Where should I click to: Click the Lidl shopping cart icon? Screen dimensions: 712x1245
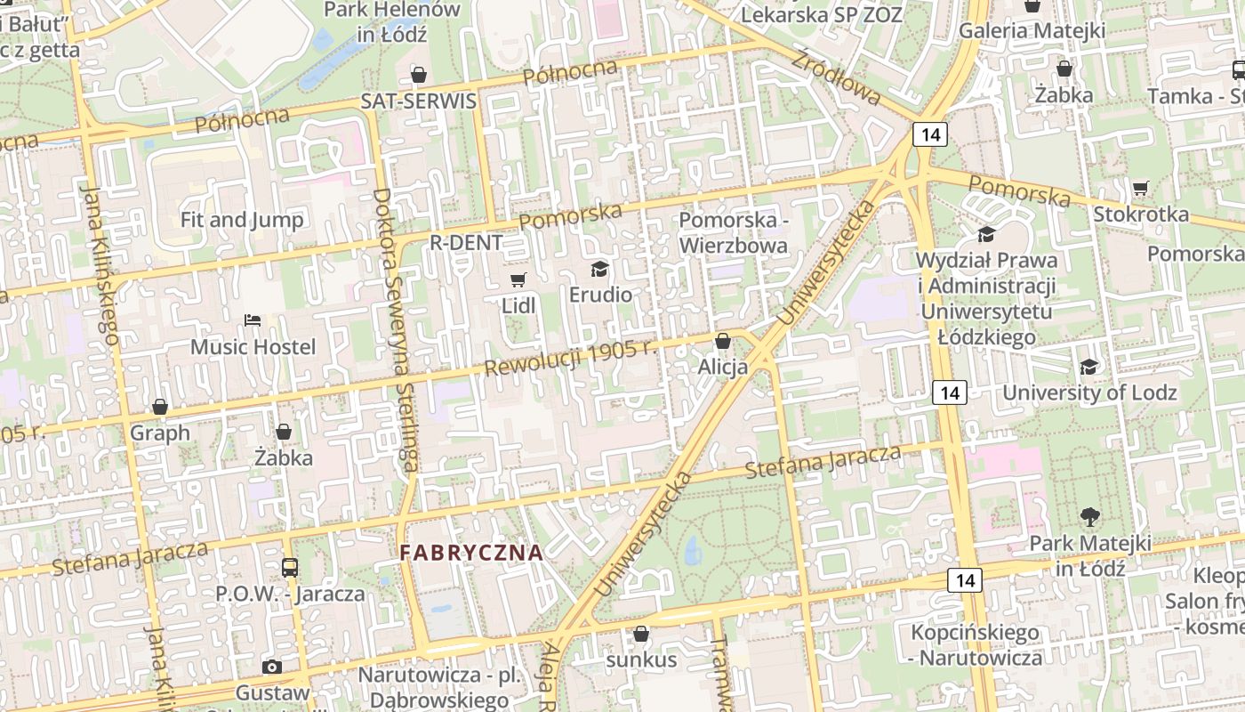tap(518, 280)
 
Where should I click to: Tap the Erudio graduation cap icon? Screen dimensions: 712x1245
tap(600, 269)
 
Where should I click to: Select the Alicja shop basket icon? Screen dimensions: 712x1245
tap(723, 341)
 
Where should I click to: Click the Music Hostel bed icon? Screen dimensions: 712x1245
tap(253, 320)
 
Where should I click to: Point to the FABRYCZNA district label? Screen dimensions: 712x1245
tap(471, 553)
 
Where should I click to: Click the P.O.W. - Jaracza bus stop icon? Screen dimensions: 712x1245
tap(289, 567)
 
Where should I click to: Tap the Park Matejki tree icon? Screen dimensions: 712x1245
tap(1089, 516)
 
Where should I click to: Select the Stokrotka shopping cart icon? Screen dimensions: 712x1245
tap(1140, 188)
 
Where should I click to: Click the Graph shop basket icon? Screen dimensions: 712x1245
tap(160, 407)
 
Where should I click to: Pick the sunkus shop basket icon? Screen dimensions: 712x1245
tap(640, 634)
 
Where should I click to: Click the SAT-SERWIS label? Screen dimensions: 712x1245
tap(418, 101)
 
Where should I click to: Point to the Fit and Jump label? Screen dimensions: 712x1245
tap(242, 219)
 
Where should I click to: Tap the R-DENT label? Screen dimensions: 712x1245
tap(466, 242)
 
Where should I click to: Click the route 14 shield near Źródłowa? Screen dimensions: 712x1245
tap(930, 134)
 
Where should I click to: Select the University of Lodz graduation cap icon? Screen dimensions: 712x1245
tap(1088, 367)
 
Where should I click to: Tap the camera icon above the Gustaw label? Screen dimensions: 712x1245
tap(272, 667)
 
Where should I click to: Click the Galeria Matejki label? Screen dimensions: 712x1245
tap(1032, 30)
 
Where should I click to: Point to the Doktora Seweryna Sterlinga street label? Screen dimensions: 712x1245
tap(396, 329)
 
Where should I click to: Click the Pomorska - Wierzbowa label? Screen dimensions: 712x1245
tap(734, 232)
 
